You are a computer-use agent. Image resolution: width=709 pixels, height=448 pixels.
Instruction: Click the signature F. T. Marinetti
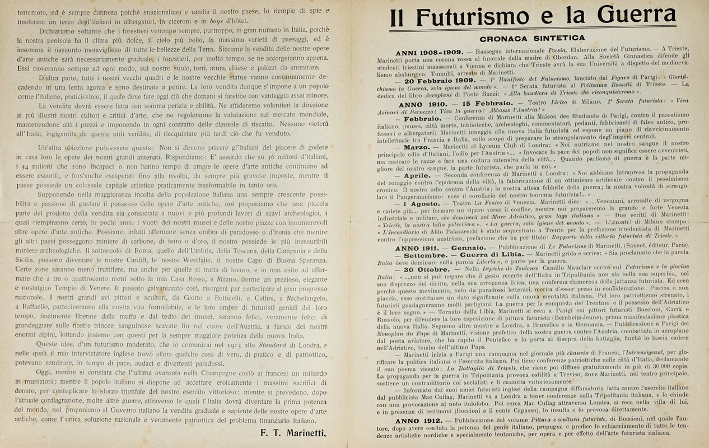coord(295,432)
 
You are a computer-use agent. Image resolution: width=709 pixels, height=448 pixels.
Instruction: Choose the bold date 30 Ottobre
coord(427,269)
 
